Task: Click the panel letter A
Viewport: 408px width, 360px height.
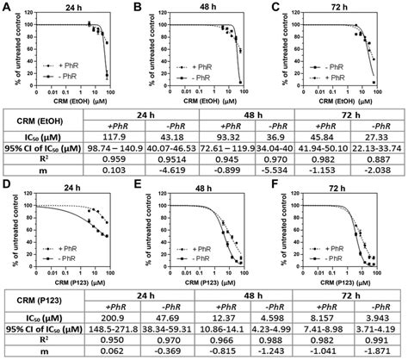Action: pos(6,7)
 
